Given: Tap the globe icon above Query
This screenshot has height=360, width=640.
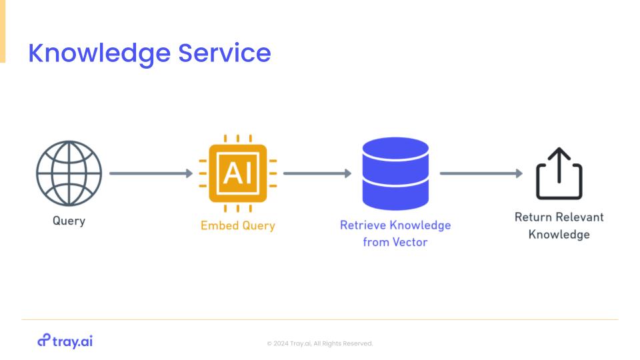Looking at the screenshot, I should (69, 173).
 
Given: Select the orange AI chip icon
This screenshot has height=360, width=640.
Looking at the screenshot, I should (237, 173).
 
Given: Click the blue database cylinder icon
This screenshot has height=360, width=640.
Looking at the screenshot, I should (395, 173).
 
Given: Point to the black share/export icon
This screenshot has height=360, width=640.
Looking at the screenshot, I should (559, 173).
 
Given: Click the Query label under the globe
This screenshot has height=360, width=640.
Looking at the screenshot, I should (69, 221).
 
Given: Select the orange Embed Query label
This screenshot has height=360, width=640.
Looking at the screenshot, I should (237, 226).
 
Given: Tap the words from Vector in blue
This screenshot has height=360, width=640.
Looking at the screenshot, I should (395, 242).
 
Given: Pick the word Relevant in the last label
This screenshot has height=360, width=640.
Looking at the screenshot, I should (581, 217).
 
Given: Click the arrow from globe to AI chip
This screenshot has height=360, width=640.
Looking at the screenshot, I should (151, 173).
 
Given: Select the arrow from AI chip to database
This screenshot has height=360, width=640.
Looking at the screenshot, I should (317, 173).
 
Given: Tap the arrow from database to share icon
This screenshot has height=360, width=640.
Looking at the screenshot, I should (481, 173).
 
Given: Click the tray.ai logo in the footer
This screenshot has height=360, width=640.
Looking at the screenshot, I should (65, 341).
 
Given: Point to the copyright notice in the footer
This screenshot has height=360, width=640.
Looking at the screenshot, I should (320, 344).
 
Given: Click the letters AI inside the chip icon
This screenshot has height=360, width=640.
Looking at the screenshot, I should (237, 173).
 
